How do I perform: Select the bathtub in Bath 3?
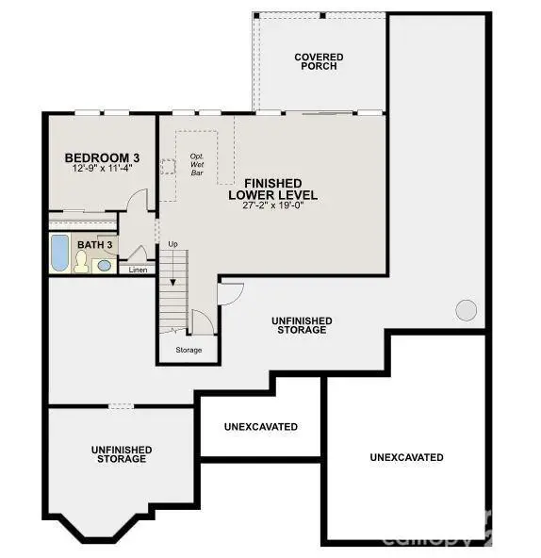coord(58,254)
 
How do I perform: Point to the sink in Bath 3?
coord(104,266)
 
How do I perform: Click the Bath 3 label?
coord(95,245)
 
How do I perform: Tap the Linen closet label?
coord(138,271)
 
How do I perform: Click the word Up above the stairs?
coord(172,245)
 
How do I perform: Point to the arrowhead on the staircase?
coord(172,281)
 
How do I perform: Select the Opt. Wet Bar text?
coord(197,164)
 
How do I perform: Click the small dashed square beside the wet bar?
coord(168,167)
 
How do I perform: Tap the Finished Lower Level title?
coord(272,189)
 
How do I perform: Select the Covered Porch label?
coord(319,62)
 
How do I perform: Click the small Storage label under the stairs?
coord(189,350)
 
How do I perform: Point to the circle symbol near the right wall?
coord(466,309)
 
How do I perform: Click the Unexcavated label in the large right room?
coord(406,457)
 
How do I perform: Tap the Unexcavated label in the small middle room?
coord(261,427)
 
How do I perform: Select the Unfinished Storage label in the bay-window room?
coord(121,454)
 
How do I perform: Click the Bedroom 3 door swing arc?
coord(138,198)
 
